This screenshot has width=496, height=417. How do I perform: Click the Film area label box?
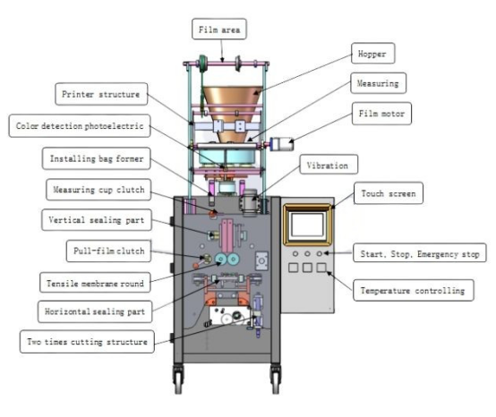[219, 29]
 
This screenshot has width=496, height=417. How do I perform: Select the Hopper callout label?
[373, 54]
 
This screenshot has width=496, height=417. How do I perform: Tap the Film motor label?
[381, 114]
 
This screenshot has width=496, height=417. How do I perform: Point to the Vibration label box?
[329, 165]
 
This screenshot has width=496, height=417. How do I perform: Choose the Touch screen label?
[389, 193]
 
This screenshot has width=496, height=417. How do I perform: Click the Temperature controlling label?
[413, 290]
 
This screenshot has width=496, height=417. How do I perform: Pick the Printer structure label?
[101, 94]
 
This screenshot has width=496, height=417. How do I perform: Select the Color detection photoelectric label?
[80, 126]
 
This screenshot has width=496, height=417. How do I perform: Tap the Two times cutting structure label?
[88, 342]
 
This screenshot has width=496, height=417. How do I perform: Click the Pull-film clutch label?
[109, 251]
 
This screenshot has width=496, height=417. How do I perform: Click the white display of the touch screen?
[307, 225]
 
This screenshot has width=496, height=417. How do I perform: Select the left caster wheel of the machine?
[178, 379]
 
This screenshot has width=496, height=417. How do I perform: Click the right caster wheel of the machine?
[275, 379]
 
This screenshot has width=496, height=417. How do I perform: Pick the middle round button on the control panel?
[307, 253]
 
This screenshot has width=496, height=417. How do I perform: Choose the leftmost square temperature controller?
[294, 268]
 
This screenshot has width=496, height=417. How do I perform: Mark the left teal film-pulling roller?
[220, 260]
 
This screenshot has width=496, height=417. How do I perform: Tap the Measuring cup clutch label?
[98, 190]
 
